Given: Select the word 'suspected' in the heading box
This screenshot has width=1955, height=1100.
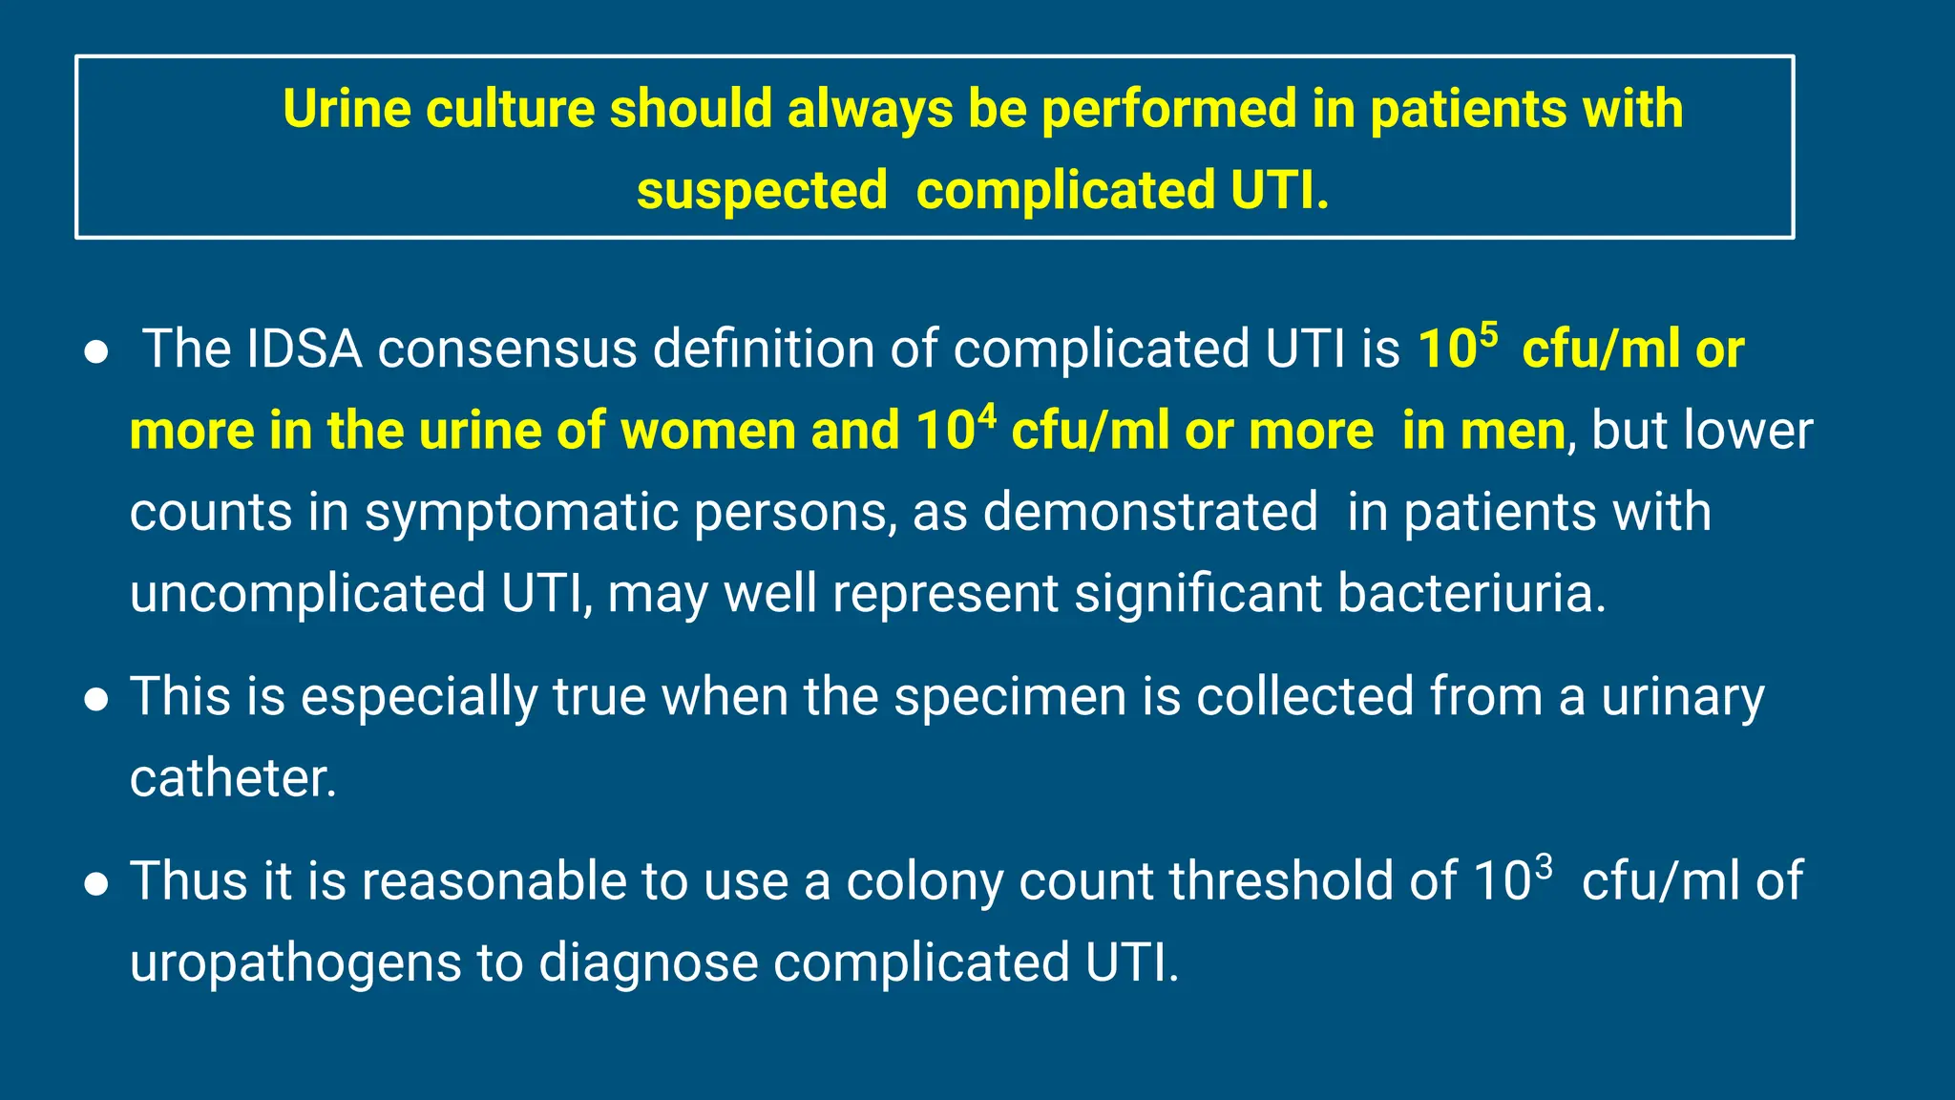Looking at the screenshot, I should click(x=762, y=191).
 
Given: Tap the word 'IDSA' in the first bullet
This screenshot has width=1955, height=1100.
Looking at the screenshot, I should click(x=304, y=349).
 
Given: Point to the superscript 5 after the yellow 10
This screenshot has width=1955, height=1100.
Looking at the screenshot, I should click(x=1488, y=335).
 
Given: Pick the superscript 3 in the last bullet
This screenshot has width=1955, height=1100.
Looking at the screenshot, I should click(x=1544, y=867).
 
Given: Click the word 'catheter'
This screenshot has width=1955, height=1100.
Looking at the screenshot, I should click(x=232, y=778).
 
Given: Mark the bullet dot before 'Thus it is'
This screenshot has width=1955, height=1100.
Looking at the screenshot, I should click(x=95, y=885).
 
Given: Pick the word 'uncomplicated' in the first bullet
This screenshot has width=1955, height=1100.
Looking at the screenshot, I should click(x=307, y=594).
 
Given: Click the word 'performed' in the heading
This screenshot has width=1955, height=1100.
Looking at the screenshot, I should click(x=1168, y=109).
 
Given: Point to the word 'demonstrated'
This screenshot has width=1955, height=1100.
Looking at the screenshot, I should click(x=1150, y=513).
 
